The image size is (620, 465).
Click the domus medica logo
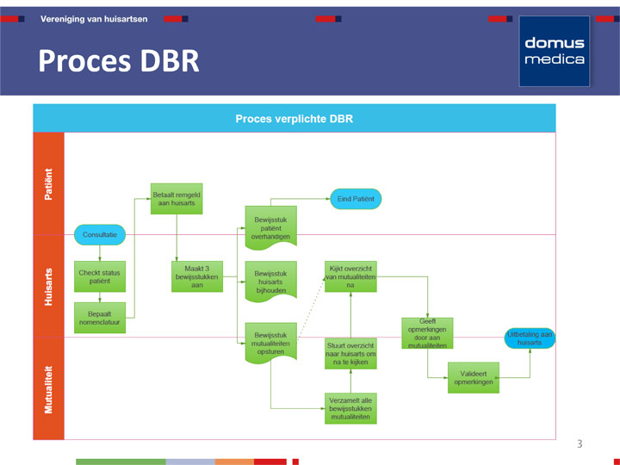tap(554, 51)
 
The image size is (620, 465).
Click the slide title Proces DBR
tap(119, 61)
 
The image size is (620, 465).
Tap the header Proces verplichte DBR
tap(294, 119)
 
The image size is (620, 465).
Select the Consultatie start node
tap(100, 234)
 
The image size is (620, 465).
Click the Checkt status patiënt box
tap(100, 276)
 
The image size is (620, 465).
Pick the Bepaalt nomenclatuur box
tap(100, 318)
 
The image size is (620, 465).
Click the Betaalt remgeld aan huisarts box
tap(177, 199)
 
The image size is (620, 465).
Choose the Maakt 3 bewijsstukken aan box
tap(197, 276)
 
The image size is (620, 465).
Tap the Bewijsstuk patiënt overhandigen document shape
tap(270, 226)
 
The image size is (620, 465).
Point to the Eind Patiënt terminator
tap(356, 199)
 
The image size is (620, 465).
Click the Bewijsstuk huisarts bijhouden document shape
tap(270, 281)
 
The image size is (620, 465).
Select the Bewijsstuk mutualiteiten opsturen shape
tap(270, 342)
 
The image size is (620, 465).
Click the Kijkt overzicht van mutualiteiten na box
tap(350, 276)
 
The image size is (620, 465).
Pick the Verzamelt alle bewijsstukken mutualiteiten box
tap(350, 408)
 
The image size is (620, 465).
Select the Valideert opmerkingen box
tap(473, 377)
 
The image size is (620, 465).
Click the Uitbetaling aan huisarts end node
tap(530, 338)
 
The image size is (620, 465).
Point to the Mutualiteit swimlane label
tap(48, 388)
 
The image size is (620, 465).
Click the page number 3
tap(580, 444)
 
